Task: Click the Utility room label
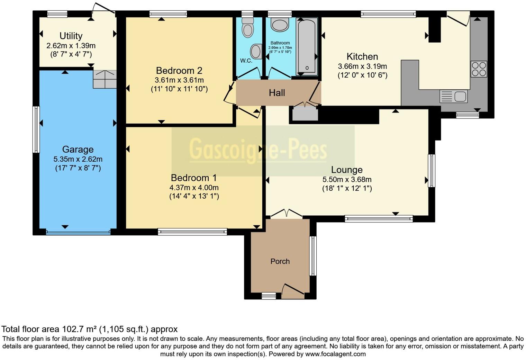(x=71, y=36)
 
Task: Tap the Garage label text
(x=78, y=150)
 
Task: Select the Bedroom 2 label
(x=179, y=71)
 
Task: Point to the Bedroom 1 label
(x=194, y=178)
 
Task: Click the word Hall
(x=277, y=93)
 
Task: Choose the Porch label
(x=280, y=261)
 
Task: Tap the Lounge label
(x=347, y=170)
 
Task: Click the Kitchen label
(x=362, y=56)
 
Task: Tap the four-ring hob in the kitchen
(x=479, y=69)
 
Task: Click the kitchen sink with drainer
(x=453, y=96)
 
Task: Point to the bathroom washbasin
(x=280, y=25)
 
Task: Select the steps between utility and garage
(x=105, y=79)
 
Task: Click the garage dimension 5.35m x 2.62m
(x=78, y=159)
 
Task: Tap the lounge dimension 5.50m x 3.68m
(x=347, y=180)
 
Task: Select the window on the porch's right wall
(x=313, y=256)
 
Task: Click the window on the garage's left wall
(x=36, y=129)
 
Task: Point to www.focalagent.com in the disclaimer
(x=335, y=354)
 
